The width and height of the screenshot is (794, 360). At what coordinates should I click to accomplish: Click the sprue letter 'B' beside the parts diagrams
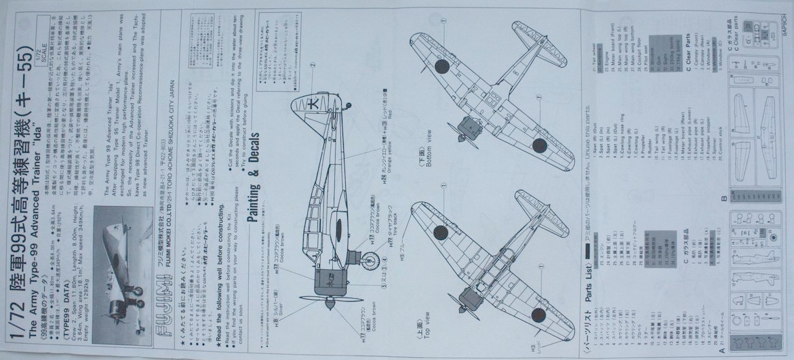[723, 199]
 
